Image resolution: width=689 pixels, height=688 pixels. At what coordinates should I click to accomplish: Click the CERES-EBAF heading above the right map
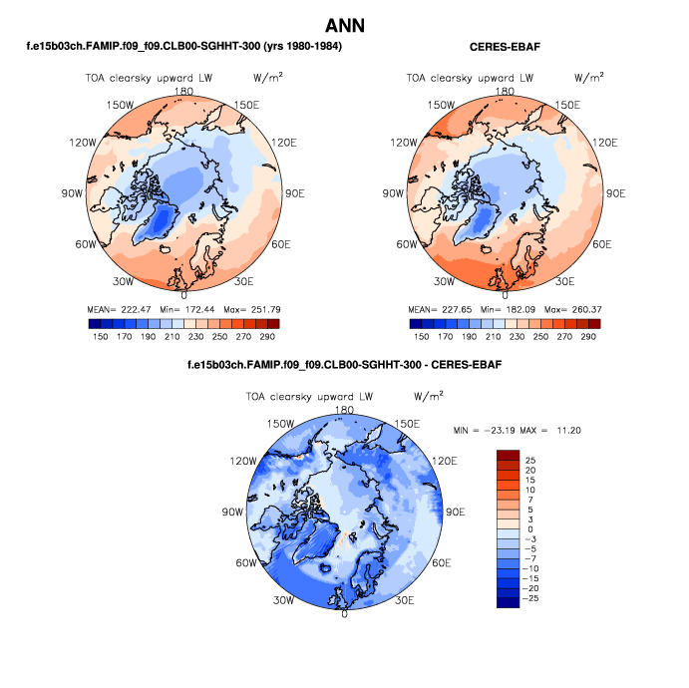pyautogui.click(x=505, y=47)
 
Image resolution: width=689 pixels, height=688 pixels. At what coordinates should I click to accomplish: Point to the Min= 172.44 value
pyautogui.click(x=182, y=310)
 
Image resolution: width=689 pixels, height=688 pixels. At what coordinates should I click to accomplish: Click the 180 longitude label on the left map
pyautogui.click(x=182, y=91)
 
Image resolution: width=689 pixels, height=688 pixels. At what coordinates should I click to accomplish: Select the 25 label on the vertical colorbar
pyautogui.click(x=530, y=460)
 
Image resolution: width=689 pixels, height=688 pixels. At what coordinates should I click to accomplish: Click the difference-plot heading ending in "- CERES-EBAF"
pyautogui.click(x=344, y=365)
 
